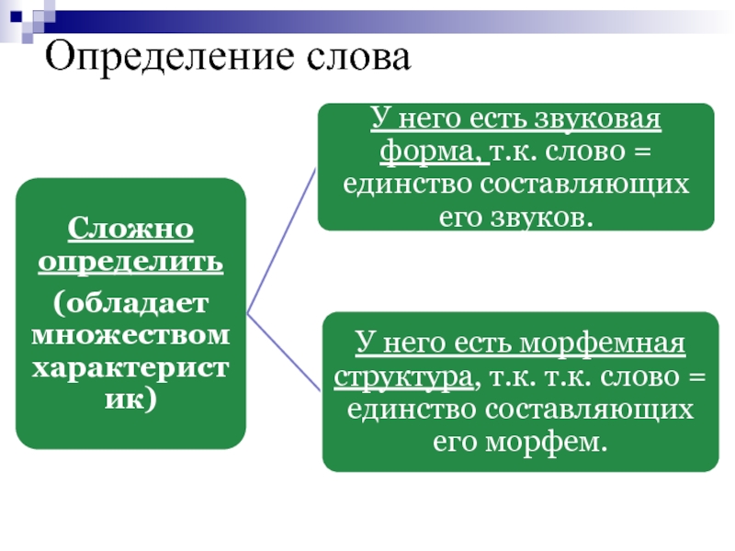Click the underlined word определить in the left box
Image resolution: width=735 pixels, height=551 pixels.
pos(130,262)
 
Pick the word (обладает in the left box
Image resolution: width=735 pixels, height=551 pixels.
pos(130,301)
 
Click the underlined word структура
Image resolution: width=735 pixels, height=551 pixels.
pos(405,377)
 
